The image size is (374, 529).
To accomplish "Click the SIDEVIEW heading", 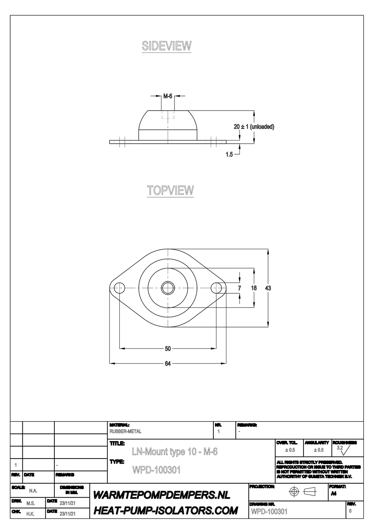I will [167, 46].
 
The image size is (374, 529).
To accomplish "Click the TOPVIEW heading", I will [170, 191].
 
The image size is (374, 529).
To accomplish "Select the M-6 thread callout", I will [168, 96].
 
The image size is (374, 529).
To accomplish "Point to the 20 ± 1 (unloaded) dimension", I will [254, 127].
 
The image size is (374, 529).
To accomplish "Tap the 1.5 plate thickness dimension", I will [229, 155].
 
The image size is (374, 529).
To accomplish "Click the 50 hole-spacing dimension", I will [168, 348].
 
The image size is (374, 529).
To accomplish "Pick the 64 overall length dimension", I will [168, 363].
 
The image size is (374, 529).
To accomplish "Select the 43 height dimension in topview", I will [268, 288].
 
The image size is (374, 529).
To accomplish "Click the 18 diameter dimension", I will [254, 288].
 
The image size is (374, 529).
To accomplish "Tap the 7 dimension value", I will [240, 288].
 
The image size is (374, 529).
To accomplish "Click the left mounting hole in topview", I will [119, 288].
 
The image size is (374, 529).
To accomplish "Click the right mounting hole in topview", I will [217, 288].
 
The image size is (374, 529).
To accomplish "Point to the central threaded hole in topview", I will [168, 288].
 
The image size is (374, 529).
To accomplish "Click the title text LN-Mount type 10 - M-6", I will [174, 452].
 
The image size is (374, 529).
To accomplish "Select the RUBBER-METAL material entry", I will [126, 431].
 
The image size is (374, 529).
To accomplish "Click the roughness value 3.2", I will [340, 448].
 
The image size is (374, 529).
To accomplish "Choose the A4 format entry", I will [334, 494].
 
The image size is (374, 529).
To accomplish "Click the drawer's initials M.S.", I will [30, 503].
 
